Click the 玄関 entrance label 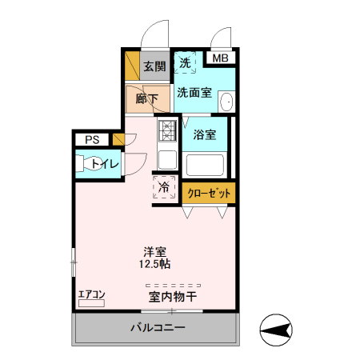(x=154, y=66)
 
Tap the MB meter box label (x=219, y=58)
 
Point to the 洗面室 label (x=194, y=92)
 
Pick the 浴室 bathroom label (x=205, y=134)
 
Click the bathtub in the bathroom (x=205, y=166)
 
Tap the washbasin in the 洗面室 (x=226, y=102)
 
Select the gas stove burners (x=166, y=130)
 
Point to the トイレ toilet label (x=106, y=164)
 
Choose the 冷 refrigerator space (x=164, y=188)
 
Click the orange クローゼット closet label (x=210, y=193)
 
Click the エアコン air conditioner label (x=91, y=294)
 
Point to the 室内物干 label (x=173, y=297)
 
